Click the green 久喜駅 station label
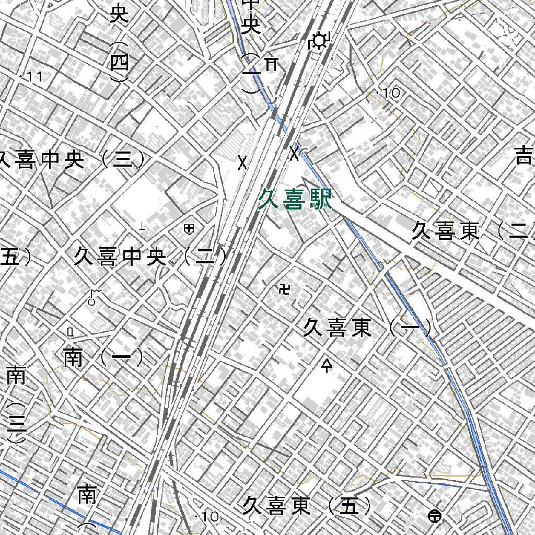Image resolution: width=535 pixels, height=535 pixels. [295, 200]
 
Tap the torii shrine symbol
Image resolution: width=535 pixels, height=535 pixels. [271, 64]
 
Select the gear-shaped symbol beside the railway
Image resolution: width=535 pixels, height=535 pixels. [318, 40]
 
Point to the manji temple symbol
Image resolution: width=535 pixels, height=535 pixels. [285, 288]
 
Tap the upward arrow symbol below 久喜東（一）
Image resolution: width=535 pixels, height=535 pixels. [328, 365]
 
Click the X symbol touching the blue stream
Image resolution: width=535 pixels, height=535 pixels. [295, 154]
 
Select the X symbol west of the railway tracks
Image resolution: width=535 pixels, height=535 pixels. [242, 162]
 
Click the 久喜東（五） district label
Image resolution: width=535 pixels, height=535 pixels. [308, 506]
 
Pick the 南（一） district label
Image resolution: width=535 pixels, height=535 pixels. [103, 358]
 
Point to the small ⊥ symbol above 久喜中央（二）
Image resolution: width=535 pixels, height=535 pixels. [142, 226]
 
